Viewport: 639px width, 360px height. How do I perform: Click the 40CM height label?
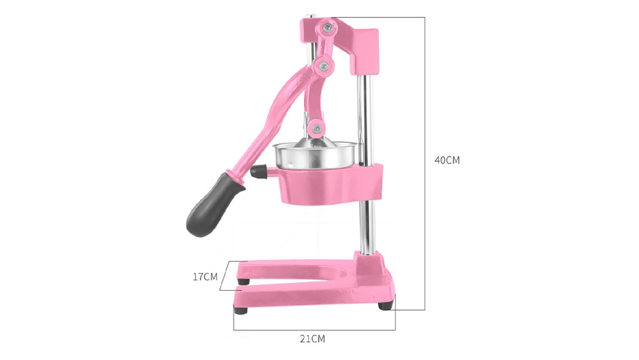(447, 160)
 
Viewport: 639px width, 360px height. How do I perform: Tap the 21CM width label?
(312, 339)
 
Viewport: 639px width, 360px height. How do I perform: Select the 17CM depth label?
(205, 276)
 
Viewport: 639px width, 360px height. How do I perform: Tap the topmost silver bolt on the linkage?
(327, 27)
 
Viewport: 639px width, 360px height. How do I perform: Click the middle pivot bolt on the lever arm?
(324, 64)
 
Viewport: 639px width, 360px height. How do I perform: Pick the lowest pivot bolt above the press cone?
(317, 128)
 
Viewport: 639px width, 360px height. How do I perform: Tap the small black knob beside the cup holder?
(258, 171)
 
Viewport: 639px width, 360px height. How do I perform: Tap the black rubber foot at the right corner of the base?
(385, 306)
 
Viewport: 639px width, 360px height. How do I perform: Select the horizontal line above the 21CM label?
(314, 330)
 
